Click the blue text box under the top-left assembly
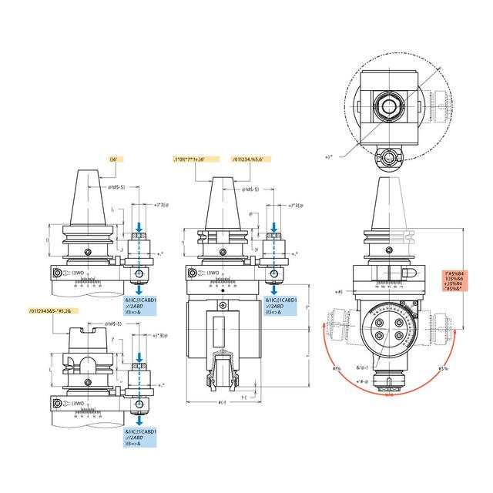click(140, 304)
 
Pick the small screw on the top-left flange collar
click(88, 253)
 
